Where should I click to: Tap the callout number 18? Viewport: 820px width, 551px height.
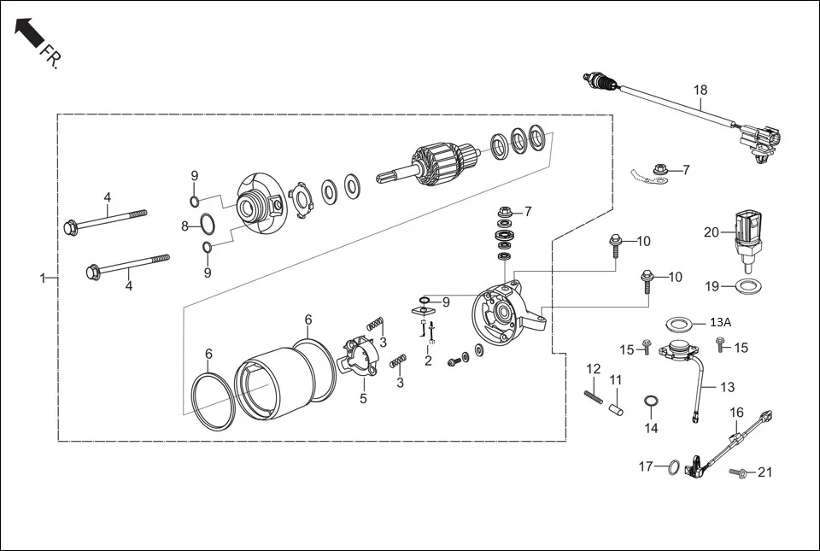pyautogui.click(x=700, y=90)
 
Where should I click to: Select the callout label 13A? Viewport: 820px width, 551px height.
pyautogui.click(x=721, y=322)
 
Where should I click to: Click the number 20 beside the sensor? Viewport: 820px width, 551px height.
pyautogui.click(x=712, y=232)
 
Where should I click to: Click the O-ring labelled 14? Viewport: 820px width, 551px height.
pyautogui.click(x=651, y=402)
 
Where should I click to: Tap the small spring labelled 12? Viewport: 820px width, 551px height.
pyautogui.click(x=594, y=397)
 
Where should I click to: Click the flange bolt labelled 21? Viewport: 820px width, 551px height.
pyautogui.click(x=739, y=472)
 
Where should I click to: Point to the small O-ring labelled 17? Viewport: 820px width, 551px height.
pyautogui.click(x=674, y=467)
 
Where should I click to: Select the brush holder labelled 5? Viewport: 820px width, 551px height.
pyautogui.click(x=360, y=356)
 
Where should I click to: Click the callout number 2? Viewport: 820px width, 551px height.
pyautogui.click(x=428, y=361)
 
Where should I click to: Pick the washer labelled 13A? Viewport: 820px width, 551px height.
pyautogui.click(x=680, y=324)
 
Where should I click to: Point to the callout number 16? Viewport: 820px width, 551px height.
pyautogui.click(x=736, y=413)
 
